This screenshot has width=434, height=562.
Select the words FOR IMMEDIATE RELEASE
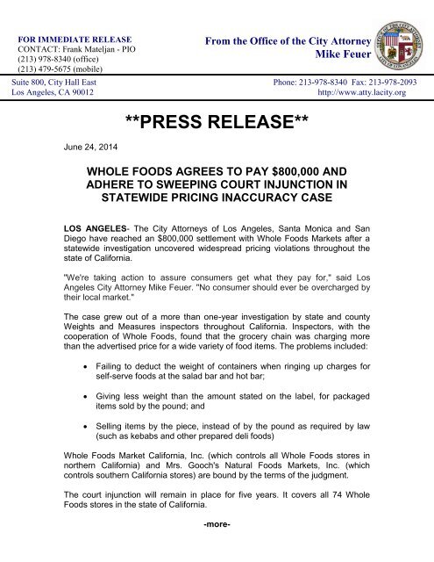pos(75,40)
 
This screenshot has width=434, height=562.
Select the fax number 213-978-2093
pos(394,81)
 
